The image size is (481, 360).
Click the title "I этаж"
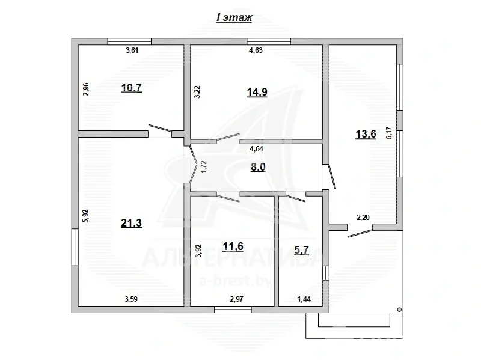(x=234, y=18)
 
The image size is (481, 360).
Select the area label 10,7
(x=131, y=88)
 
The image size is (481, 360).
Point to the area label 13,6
(x=365, y=134)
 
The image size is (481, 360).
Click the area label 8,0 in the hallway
(x=258, y=168)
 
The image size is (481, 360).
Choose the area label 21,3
(x=132, y=224)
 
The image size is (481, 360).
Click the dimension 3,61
(x=132, y=50)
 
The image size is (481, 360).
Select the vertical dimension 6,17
(x=389, y=132)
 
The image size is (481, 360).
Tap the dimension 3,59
(x=132, y=299)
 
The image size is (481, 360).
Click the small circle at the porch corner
(x=398, y=310)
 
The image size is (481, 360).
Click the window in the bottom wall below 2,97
(x=233, y=310)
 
